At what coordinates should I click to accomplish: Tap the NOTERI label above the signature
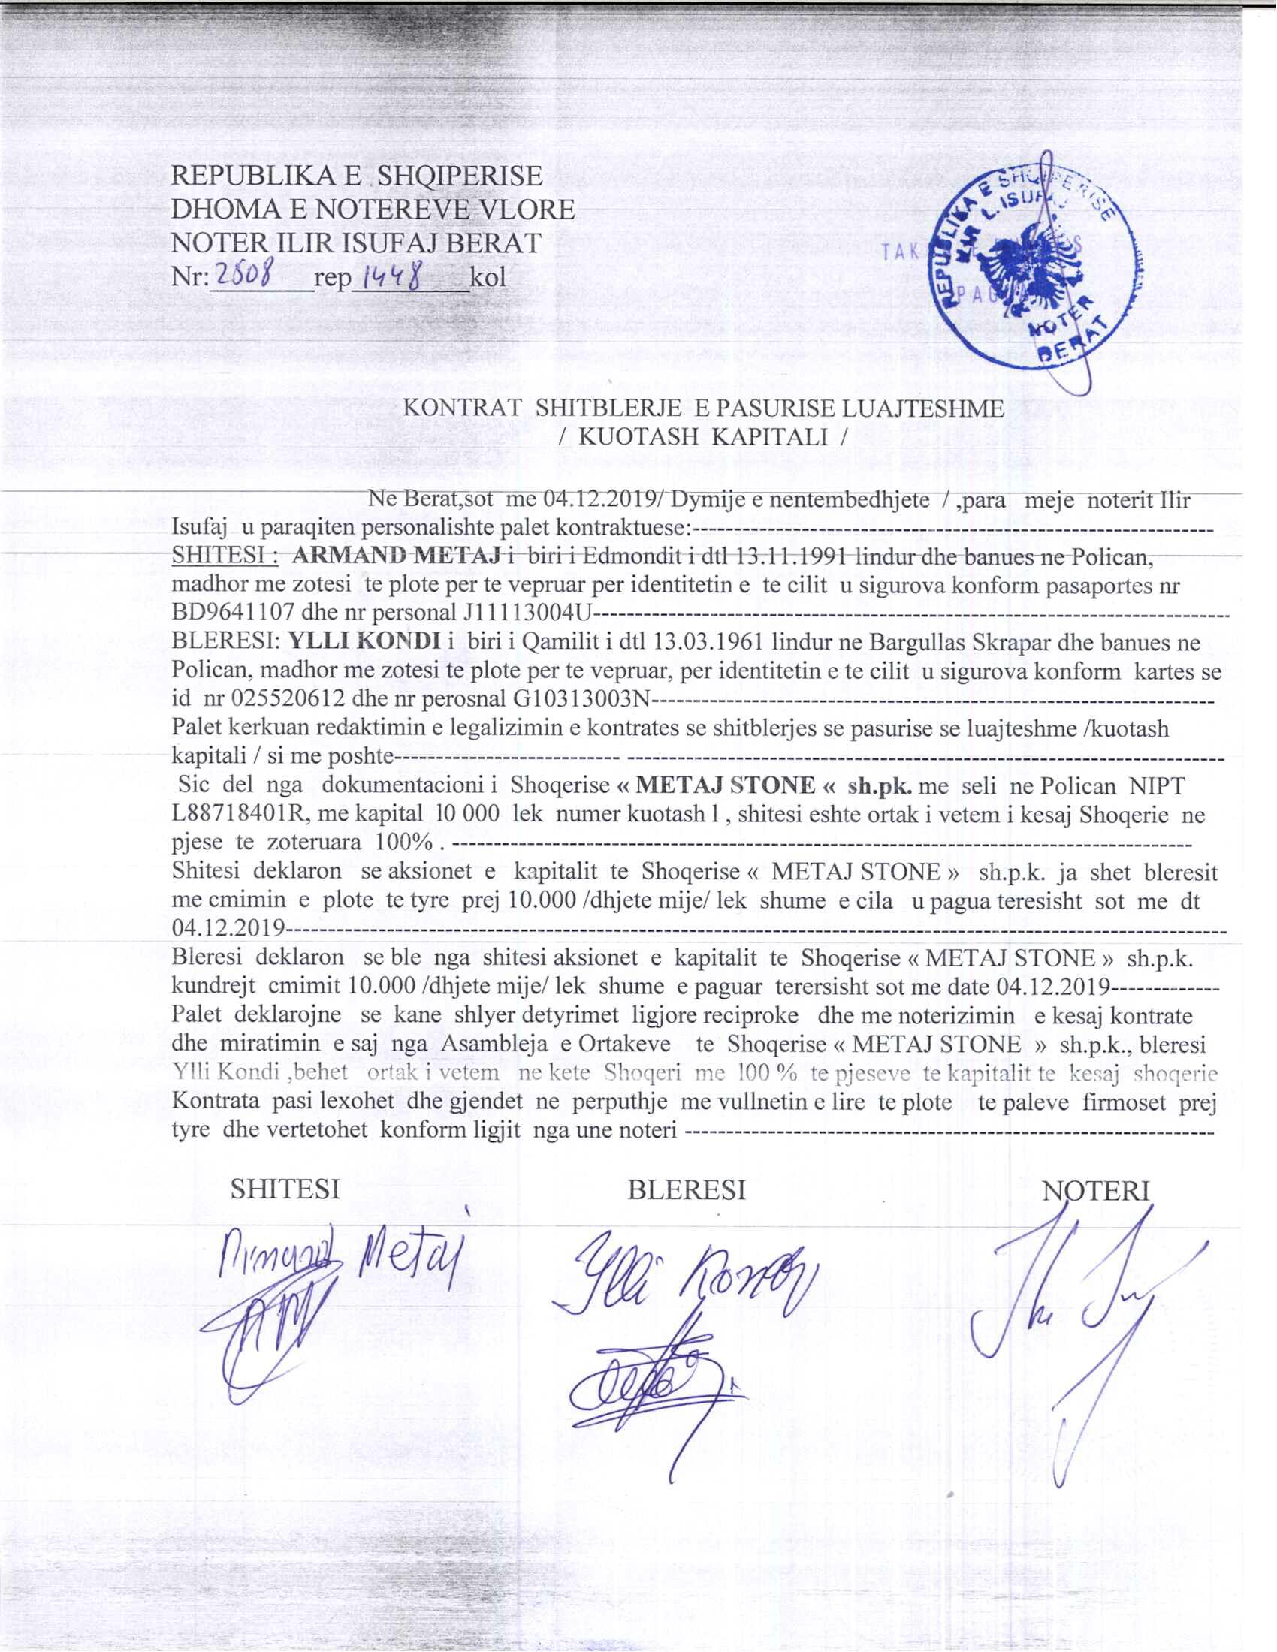click(1095, 1192)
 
